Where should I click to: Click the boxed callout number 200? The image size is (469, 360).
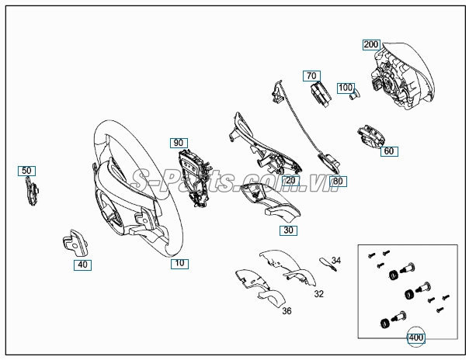point(371,44)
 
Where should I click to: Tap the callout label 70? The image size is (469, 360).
point(311,76)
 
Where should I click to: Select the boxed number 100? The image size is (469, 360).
point(346,88)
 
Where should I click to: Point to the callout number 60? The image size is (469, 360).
point(389,151)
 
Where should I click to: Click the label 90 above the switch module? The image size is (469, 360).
point(179,143)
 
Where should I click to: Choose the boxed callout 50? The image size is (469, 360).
point(26,171)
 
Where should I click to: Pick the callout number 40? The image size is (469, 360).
point(82,265)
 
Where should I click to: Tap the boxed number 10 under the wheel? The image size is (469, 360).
point(179,263)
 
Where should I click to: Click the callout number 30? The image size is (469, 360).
point(288,230)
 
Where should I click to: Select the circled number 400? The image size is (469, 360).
point(416,338)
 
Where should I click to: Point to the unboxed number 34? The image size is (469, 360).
point(336,261)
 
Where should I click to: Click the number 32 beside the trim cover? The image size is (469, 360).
point(319,294)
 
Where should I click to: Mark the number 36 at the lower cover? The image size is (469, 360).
point(287,311)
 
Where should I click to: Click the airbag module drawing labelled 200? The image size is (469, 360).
point(402,76)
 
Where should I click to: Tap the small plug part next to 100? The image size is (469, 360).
point(355,94)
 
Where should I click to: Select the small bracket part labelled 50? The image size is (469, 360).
point(32,191)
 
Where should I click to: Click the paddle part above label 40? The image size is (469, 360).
point(75,243)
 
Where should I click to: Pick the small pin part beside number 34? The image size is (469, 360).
point(328,264)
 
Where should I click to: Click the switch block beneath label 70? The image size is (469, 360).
point(321,94)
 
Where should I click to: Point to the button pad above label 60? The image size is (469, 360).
point(371,137)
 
